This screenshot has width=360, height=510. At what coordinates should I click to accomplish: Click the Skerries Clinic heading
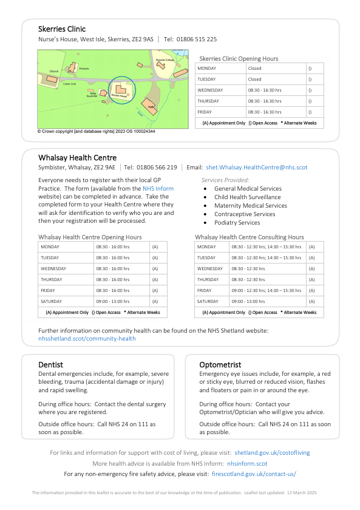(x=62, y=29)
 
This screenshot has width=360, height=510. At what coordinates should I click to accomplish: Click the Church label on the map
(x=54, y=71)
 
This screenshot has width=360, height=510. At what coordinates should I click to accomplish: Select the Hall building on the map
(x=151, y=107)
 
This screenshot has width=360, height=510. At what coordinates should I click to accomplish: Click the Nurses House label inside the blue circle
(x=119, y=97)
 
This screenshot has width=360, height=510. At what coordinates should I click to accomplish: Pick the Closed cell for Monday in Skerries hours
(x=254, y=69)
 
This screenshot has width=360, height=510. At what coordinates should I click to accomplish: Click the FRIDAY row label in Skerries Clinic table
(x=206, y=112)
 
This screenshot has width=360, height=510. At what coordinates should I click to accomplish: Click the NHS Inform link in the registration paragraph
(x=158, y=189)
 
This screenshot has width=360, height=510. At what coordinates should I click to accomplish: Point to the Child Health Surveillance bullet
(x=247, y=197)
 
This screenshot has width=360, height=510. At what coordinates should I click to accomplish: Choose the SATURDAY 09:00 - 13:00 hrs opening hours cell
(x=112, y=302)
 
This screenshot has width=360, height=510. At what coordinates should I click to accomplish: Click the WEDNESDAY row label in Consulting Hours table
(x=210, y=268)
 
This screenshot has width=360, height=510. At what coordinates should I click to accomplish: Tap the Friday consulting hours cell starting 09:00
(x=266, y=291)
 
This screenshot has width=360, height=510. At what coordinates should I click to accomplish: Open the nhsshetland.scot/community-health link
(x=87, y=339)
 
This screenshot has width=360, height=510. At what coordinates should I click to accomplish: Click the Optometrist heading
(x=220, y=365)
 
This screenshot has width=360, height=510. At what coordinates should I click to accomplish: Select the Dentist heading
(x=50, y=365)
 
